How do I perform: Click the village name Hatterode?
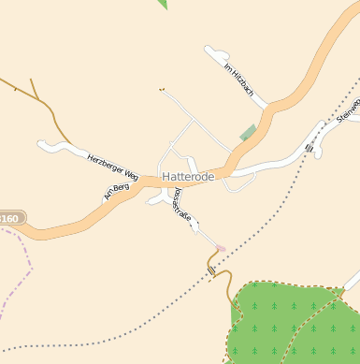[x=188, y=176]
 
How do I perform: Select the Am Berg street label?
[x=115, y=192]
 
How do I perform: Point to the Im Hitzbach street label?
[x=239, y=80]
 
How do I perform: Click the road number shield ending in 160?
[x=9, y=218]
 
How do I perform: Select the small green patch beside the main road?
[x=248, y=133]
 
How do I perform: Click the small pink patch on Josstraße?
[x=221, y=248]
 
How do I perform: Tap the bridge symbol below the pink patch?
[x=212, y=269]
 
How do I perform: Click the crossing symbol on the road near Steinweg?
[x=309, y=147]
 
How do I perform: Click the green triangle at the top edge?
[x=163, y=4]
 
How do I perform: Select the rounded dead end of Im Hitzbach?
[x=211, y=52]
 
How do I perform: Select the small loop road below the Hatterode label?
[x=239, y=185]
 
